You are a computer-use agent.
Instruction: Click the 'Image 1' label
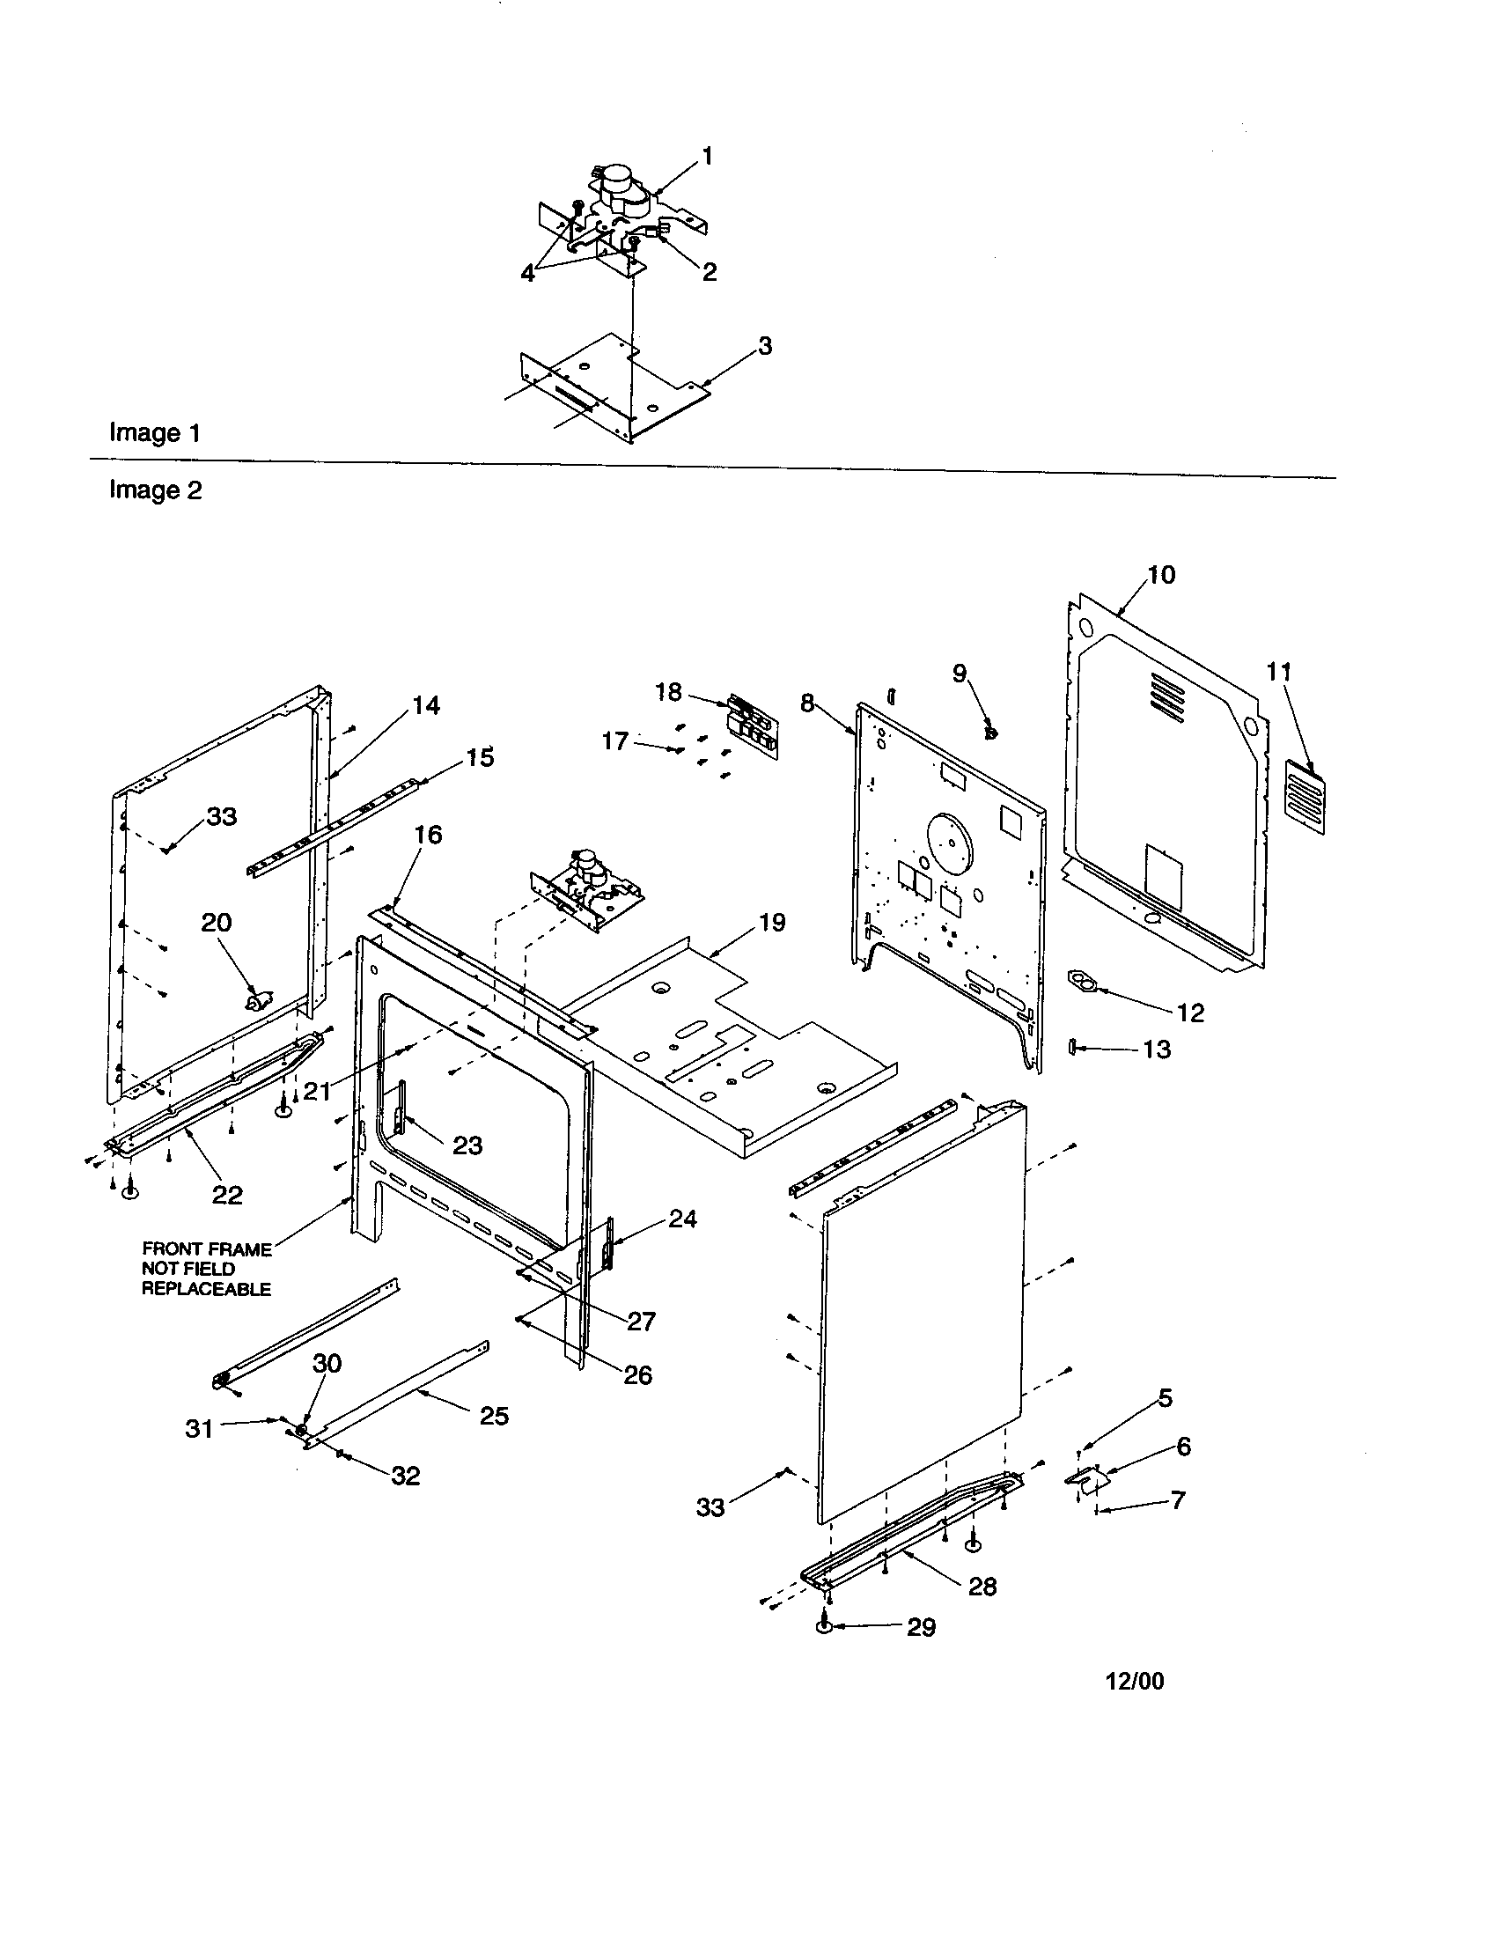154,433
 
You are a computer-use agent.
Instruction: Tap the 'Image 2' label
155,490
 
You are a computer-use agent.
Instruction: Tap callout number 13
1156,1050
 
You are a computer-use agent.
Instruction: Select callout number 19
772,923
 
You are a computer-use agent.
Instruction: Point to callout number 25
494,1416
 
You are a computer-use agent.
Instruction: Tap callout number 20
217,923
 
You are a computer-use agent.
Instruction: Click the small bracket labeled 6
1087,1479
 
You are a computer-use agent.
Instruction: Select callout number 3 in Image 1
765,346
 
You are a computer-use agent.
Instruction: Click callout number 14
425,705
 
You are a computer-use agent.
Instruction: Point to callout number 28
982,1587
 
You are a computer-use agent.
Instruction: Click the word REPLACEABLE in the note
206,1289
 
